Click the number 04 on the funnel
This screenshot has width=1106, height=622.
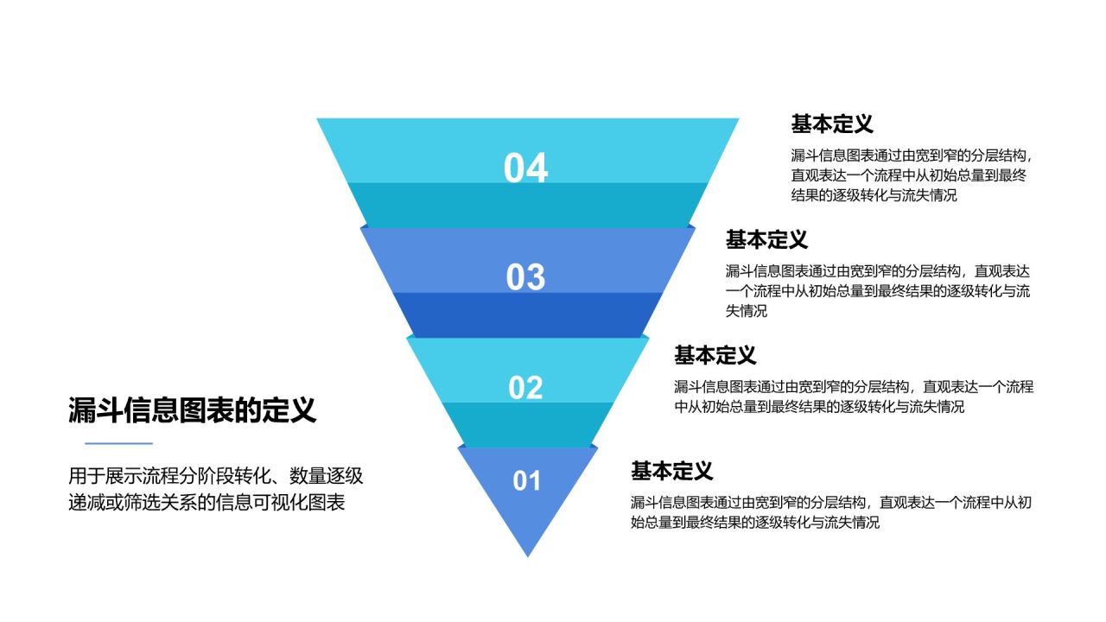525,168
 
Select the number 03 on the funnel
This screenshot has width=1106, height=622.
525,277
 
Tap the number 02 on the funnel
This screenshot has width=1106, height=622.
525,388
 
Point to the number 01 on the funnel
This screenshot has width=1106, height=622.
526,481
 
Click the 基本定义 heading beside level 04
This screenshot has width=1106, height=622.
832,124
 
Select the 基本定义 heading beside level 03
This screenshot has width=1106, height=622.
766,239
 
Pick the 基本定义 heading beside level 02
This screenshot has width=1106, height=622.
715,354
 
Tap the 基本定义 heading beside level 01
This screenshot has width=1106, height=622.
671,471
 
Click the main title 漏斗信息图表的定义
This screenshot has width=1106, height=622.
192,410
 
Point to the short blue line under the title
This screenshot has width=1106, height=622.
118,444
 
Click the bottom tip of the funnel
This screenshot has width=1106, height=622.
527,551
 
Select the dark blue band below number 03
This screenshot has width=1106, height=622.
527,314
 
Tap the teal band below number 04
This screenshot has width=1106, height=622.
527,204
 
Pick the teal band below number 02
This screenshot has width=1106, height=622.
527,423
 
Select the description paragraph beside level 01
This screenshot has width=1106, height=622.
830,512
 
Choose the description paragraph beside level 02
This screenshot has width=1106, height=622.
853,397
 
